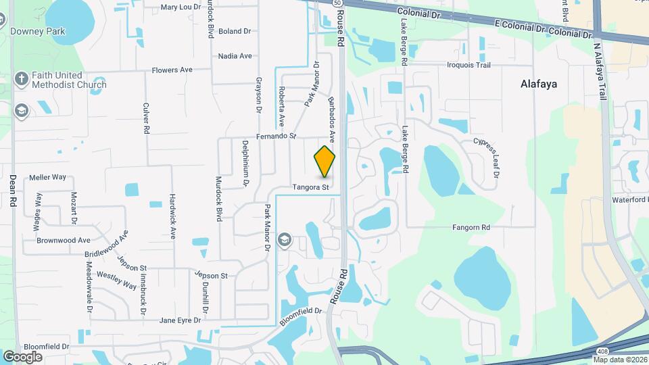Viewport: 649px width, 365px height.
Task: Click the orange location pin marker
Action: tap(325, 162)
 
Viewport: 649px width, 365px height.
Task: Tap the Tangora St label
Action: tap(311, 187)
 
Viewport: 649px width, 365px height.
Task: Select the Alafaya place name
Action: tap(539, 84)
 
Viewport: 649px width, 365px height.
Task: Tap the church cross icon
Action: tap(21, 79)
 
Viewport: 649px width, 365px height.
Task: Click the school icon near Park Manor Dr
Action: tap(285, 239)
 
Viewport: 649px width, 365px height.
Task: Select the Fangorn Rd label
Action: tap(471, 228)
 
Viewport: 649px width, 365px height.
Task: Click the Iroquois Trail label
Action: tap(468, 66)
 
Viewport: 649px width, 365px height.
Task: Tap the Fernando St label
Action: tap(278, 137)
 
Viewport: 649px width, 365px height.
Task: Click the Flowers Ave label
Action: tap(172, 70)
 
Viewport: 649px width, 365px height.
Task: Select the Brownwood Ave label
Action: tap(64, 240)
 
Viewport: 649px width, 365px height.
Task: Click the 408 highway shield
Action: tap(603, 351)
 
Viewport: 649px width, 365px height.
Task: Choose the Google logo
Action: tap(22, 357)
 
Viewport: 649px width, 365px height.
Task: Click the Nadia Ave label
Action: tap(235, 56)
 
